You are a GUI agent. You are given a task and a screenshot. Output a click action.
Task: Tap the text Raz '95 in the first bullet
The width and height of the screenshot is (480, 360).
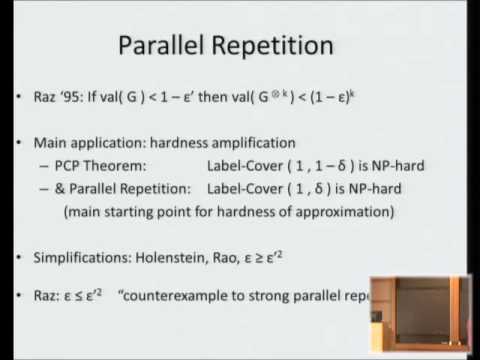point(58,99)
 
